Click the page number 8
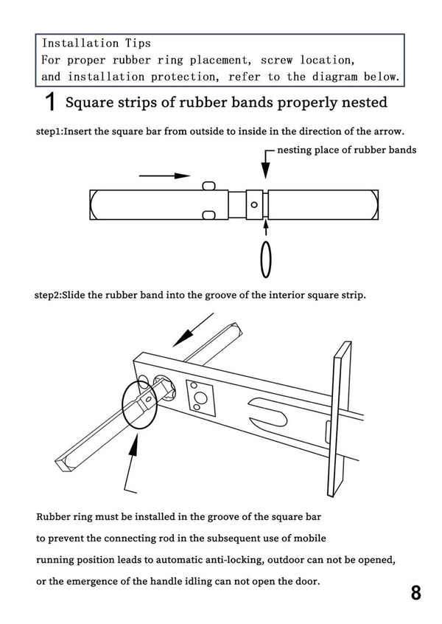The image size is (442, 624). (416, 594)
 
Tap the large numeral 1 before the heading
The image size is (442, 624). (51, 103)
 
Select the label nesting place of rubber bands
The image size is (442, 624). (346, 150)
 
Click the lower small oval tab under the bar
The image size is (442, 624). (208, 215)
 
